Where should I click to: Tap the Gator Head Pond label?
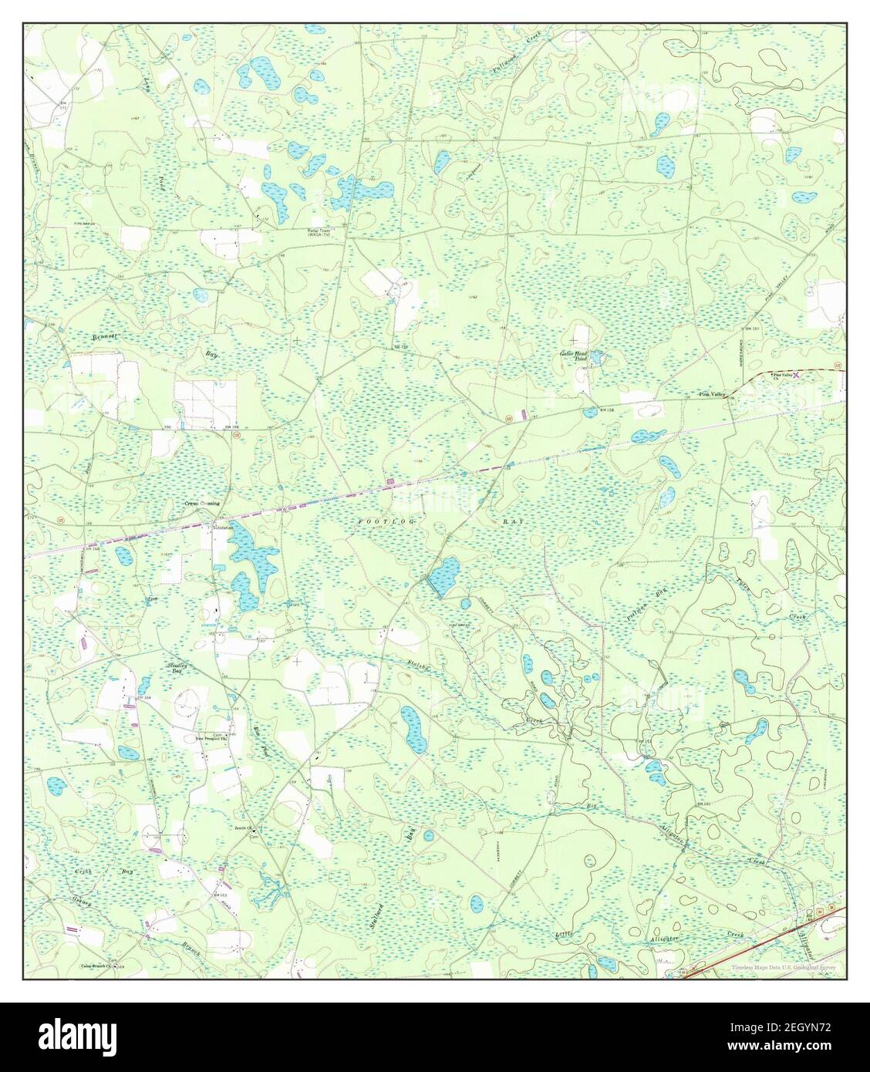tap(574, 356)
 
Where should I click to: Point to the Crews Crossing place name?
tap(201, 503)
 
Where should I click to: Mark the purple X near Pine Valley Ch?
tap(797, 374)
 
